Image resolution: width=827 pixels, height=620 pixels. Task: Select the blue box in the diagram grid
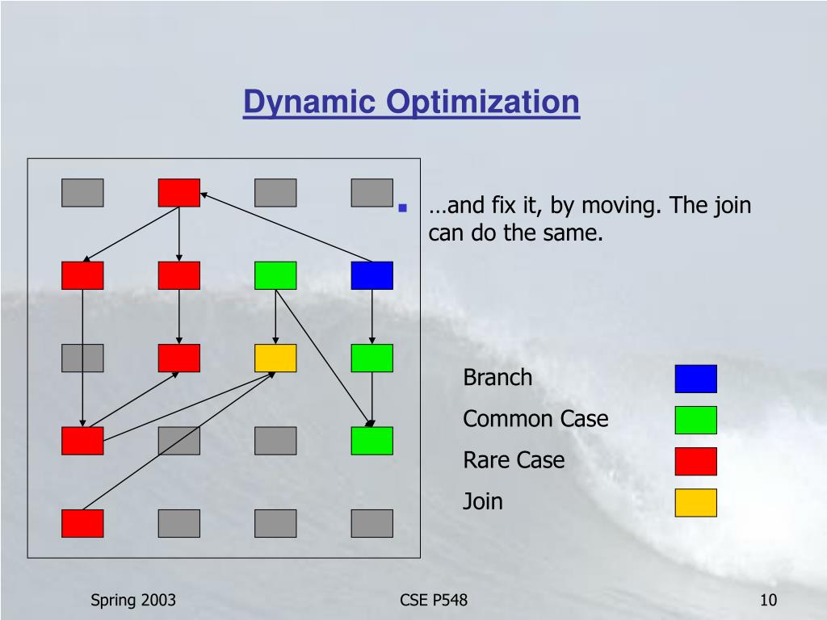pos(372,275)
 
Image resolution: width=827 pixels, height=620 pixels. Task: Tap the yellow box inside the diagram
pos(275,358)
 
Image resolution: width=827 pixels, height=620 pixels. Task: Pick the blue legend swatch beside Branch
pos(695,379)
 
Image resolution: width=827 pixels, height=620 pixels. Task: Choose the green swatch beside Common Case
pos(695,420)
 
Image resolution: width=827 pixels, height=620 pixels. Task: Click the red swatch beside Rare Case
pos(695,461)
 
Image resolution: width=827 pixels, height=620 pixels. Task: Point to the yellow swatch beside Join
pos(695,502)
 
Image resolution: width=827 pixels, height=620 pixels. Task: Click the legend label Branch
pos(497,378)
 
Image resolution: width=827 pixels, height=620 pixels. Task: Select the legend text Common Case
pos(535,419)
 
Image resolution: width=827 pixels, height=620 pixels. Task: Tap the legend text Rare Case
pos(514,460)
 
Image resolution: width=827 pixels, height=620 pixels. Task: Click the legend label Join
pos(483,501)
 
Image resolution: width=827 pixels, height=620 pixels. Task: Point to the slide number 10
pos(768,600)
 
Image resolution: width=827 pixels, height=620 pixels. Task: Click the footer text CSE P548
pos(434,600)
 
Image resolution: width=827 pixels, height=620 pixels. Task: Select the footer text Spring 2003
pos(133,600)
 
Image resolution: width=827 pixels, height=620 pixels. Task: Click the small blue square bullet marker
pos(401,207)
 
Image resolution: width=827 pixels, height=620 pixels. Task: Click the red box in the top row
pos(178,192)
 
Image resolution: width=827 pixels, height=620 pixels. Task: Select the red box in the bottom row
pos(82,523)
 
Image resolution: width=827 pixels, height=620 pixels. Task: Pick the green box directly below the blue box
pos(372,358)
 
